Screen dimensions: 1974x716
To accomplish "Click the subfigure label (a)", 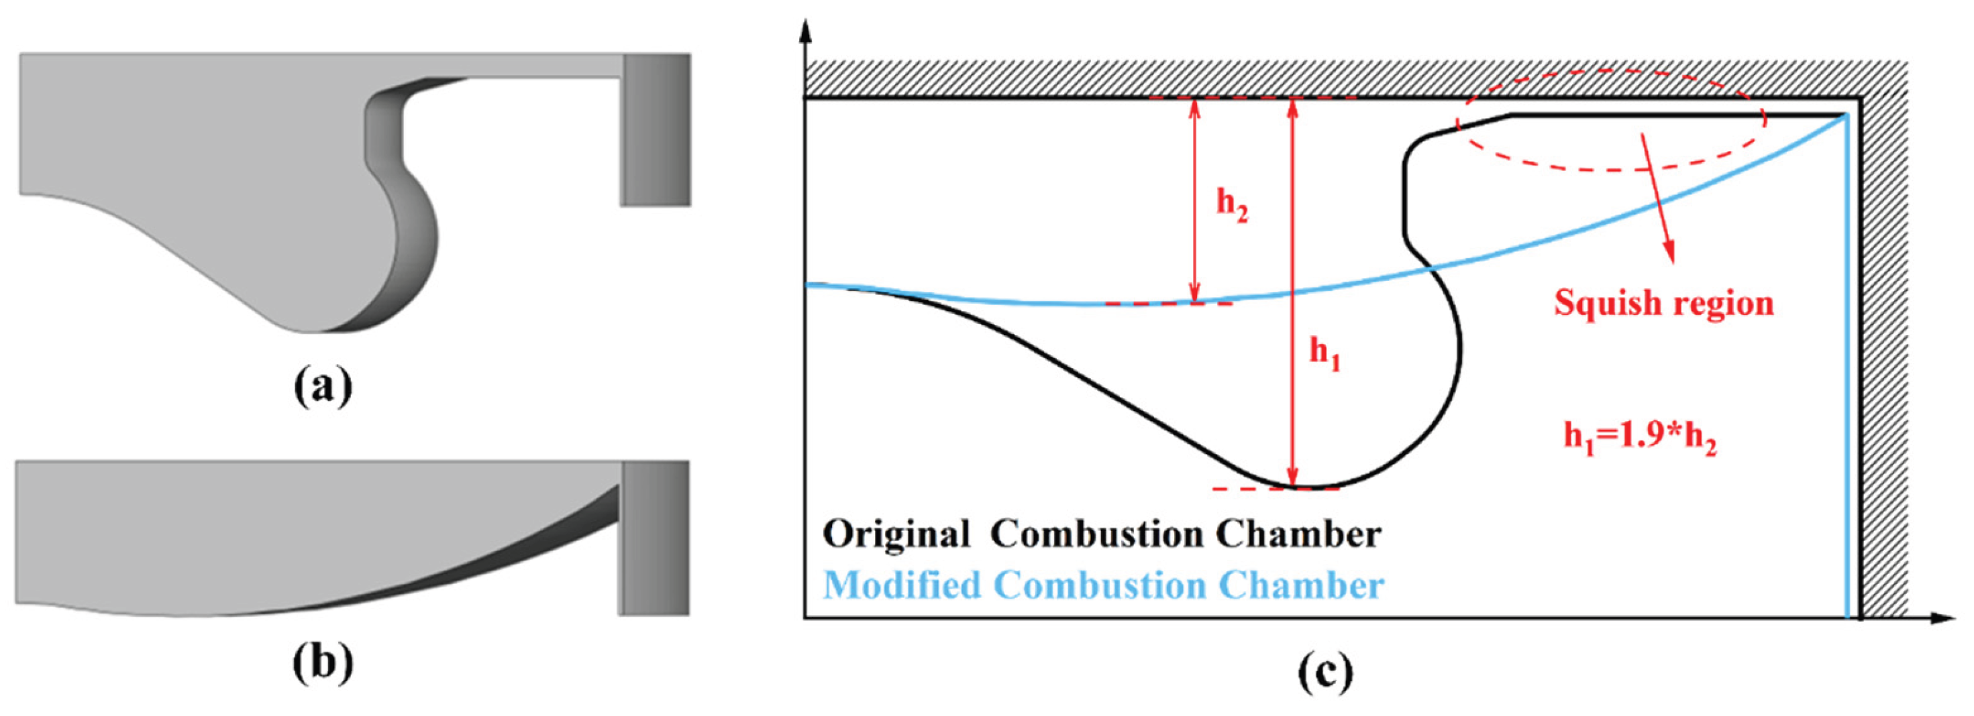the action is (x=323, y=386).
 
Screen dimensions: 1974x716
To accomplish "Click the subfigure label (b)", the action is (x=323, y=662).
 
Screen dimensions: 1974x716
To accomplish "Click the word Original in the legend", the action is (x=896, y=534).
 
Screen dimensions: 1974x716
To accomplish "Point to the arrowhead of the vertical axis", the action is (x=804, y=31).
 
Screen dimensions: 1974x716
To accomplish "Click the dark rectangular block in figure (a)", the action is (x=656, y=129).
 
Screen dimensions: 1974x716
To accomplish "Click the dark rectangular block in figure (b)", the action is (x=654, y=538).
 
